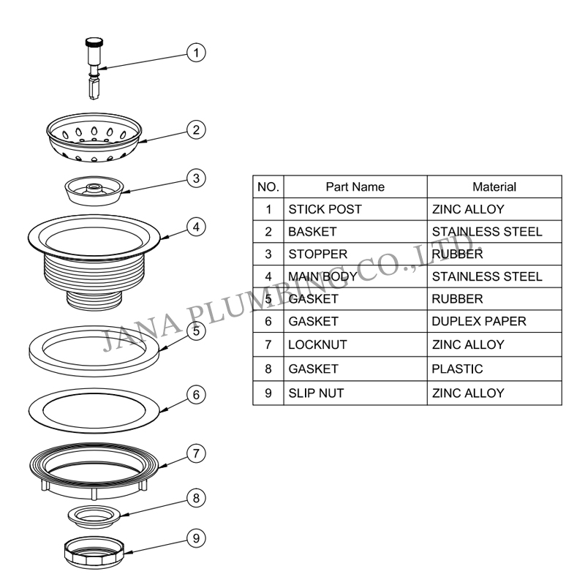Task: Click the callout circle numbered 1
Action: (196, 53)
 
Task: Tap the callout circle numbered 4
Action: (196, 227)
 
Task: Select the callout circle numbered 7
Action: (196, 453)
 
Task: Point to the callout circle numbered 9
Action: (196, 538)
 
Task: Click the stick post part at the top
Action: (94, 69)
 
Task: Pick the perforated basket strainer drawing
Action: (94, 137)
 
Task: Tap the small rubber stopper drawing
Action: (94, 191)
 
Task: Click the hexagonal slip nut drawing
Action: (94, 553)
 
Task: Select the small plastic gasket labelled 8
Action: (94, 517)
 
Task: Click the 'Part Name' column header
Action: (355, 186)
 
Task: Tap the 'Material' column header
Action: (494, 186)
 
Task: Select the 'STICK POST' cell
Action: (355, 209)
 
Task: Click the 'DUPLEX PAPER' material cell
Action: (494, 321)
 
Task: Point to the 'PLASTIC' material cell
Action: (494, 369)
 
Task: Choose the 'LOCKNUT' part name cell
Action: (355, 344)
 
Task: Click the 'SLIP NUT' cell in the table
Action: (355, 393)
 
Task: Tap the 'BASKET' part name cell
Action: (355, 232)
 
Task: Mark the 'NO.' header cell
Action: (268, 186)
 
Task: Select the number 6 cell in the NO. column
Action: (268, 321)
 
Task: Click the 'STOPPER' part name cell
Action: (355, 254)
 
